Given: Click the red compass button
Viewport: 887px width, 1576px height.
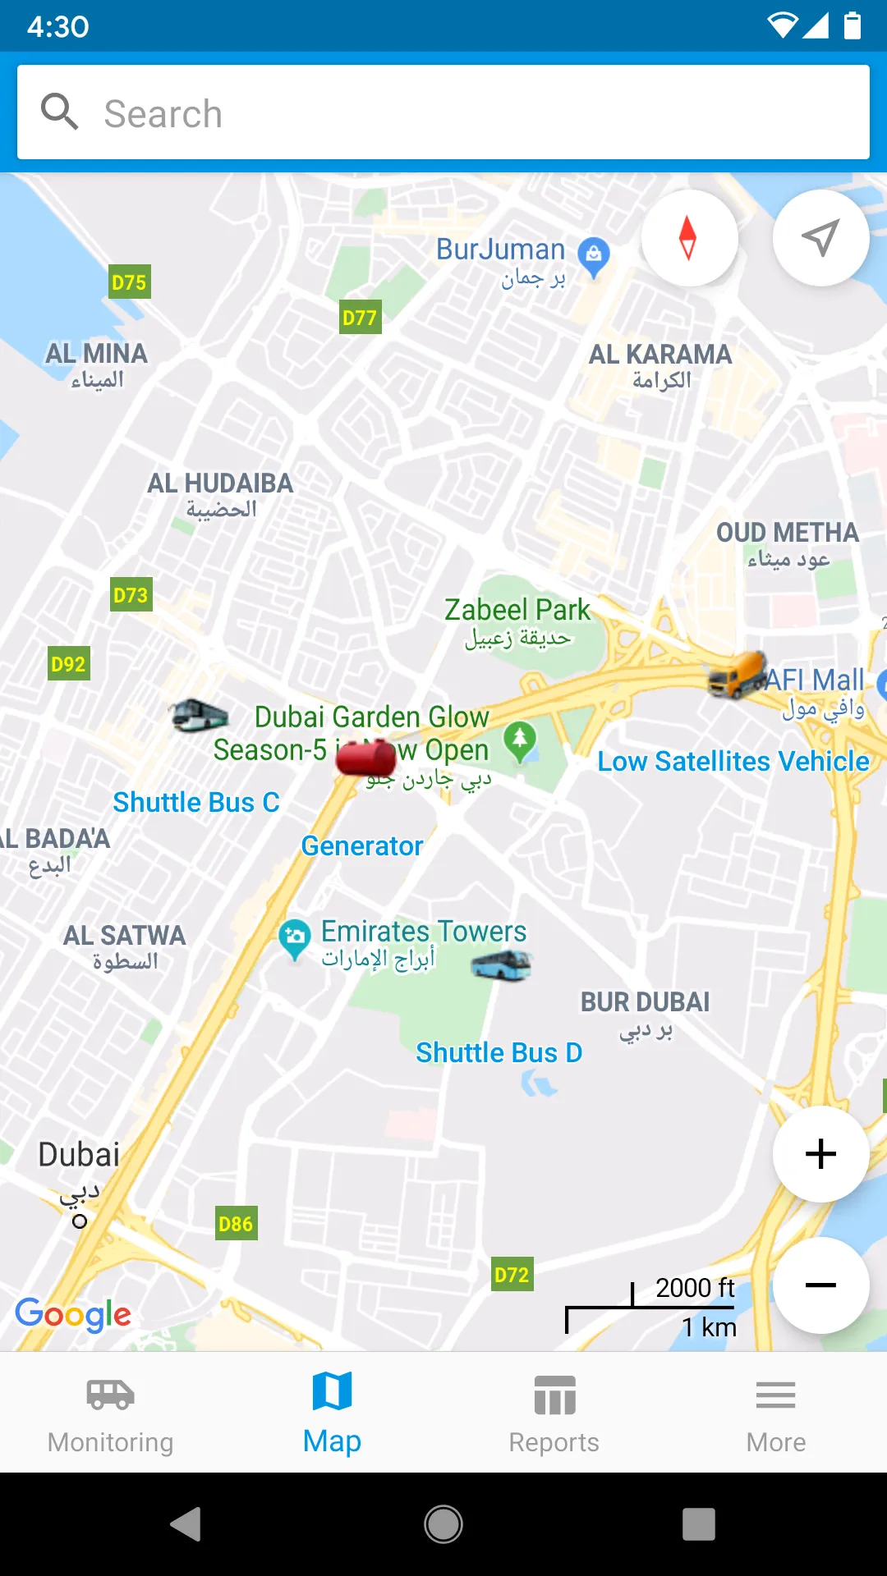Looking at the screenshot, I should click(688, 238).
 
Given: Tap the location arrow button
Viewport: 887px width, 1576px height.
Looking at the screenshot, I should click(820, 238).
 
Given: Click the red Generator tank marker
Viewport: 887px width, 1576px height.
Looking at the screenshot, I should click(366, 758).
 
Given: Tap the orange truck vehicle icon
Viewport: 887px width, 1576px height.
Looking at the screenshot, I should click(738, 675).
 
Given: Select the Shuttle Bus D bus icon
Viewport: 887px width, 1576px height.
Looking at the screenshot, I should click(502, 965).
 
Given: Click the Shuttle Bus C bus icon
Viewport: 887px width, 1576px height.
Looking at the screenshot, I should click(200, 716).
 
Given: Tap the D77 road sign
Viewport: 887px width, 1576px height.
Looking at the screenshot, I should click(360, 318).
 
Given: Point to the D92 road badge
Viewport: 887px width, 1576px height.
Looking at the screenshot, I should click(68, 664).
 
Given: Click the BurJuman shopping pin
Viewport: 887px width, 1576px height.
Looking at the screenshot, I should click(593, 256).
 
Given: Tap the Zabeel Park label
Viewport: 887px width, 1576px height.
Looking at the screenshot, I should click(517, 610).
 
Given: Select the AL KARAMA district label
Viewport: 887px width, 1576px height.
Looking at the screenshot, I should click(660, 355).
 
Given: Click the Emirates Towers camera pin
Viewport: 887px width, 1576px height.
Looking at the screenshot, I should click(294, 938).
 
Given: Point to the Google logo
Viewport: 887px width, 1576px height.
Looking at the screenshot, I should click(73, 1314).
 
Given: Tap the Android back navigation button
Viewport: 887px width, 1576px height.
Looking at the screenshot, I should click(186, 1524).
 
